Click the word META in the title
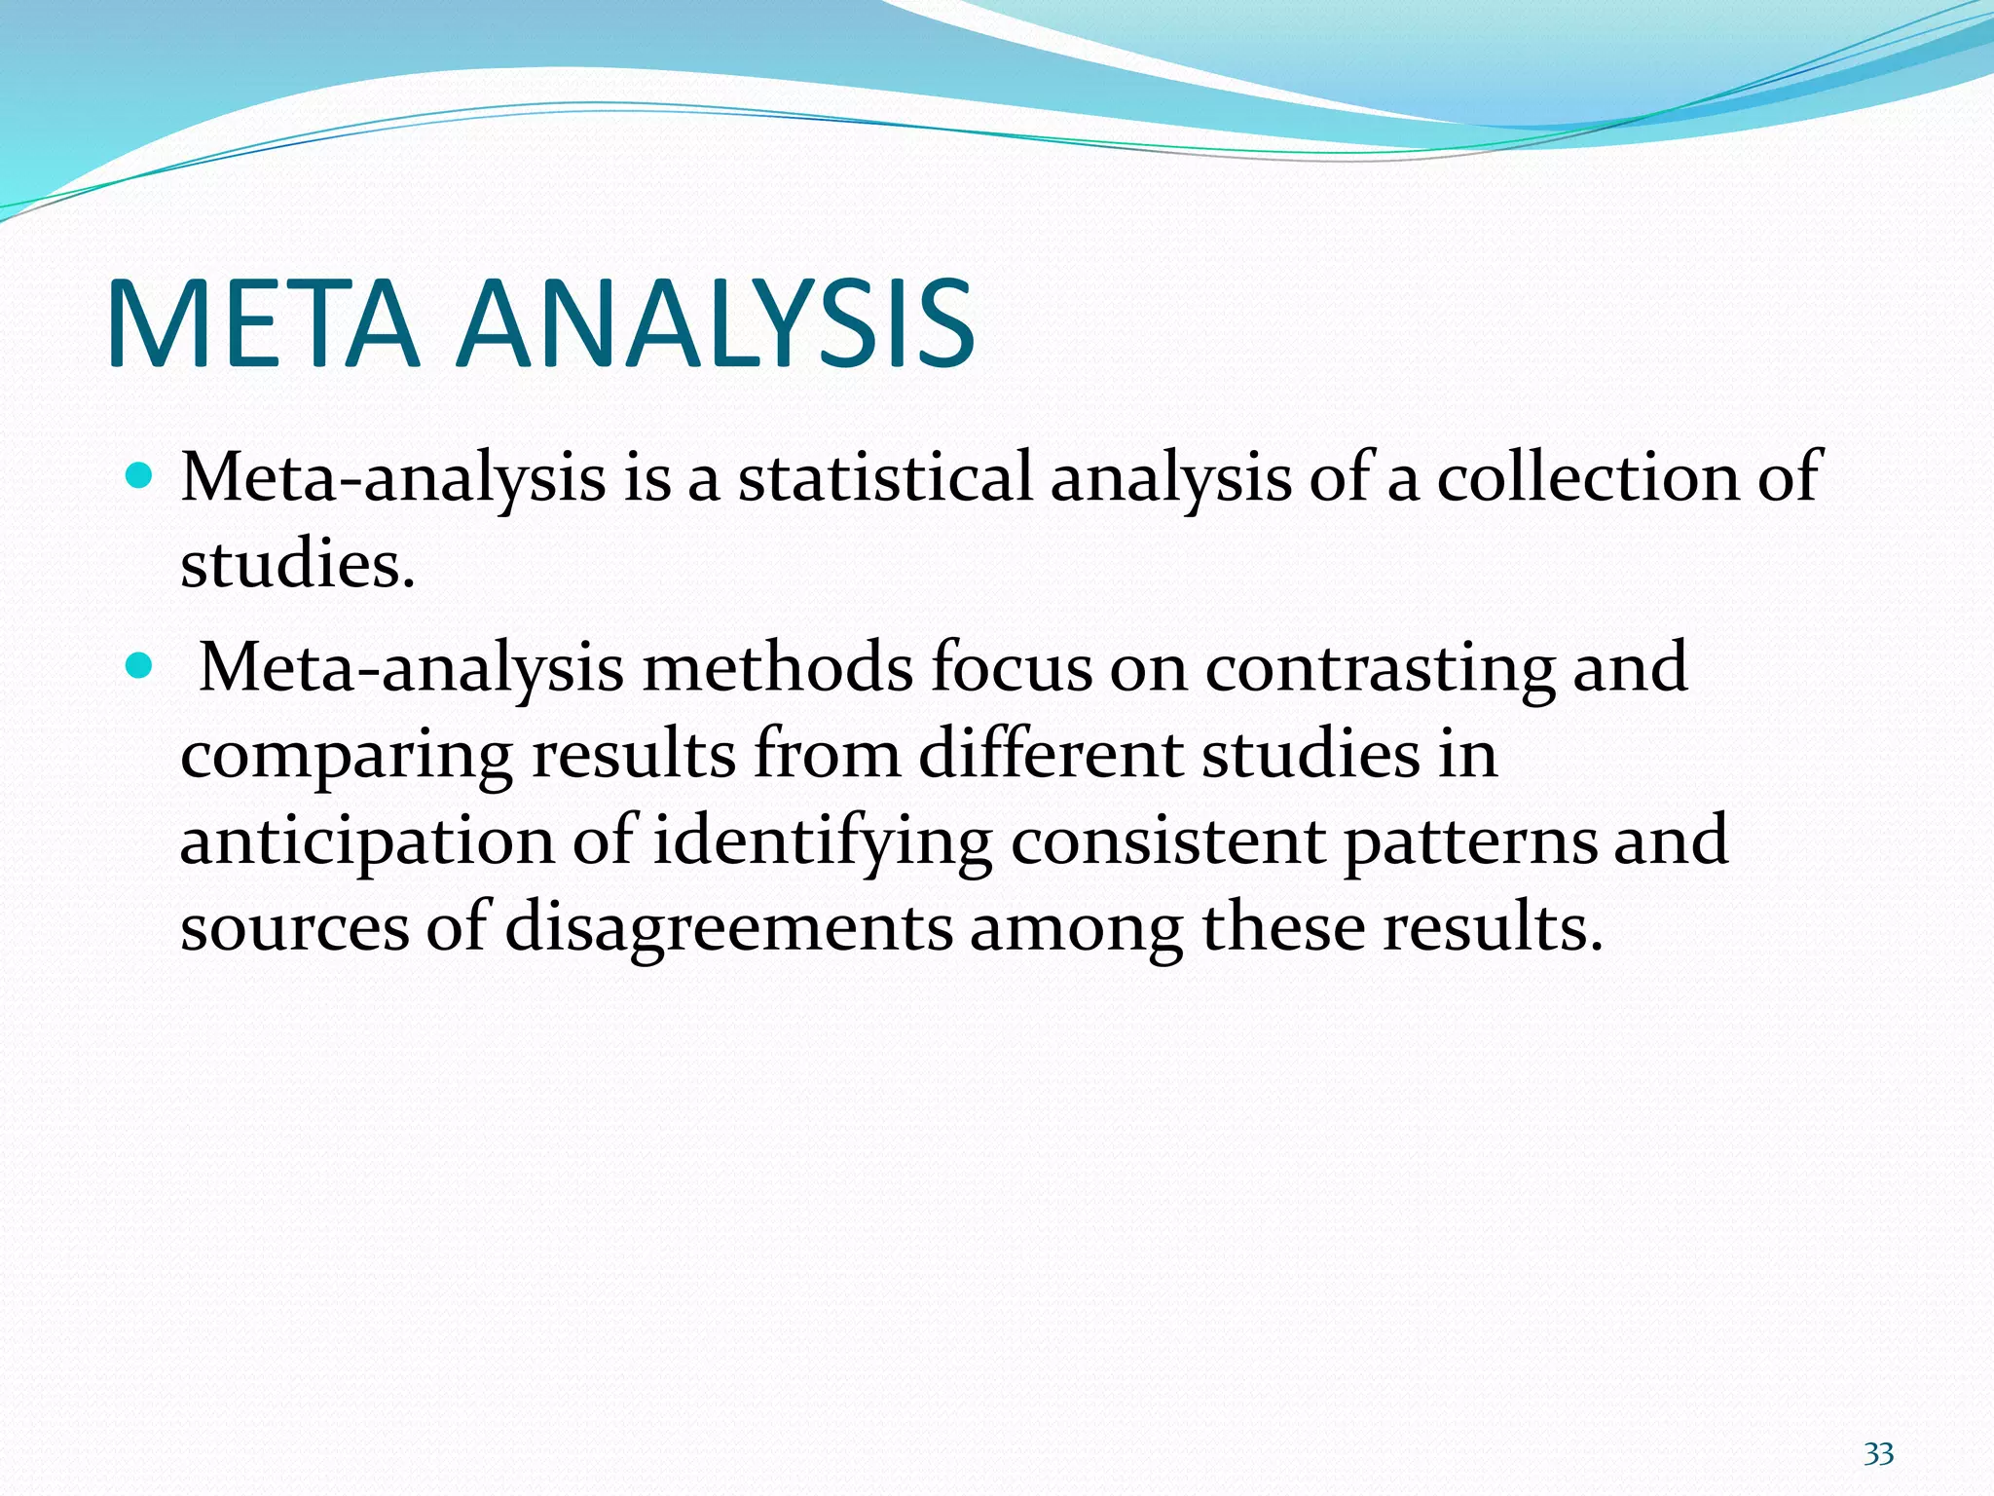[x=263, y=324]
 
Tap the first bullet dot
[x=140, y=476]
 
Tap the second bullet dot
[x=140, y=666]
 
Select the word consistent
[x=1167, y=840]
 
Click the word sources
[x=294, y=928]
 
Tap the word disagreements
[x=728, y=928]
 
